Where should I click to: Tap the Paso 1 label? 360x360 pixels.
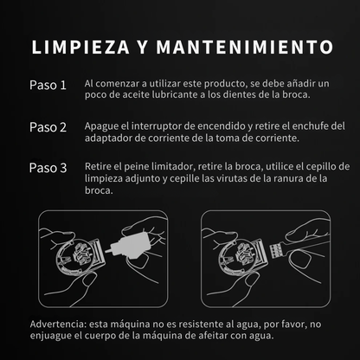[x=48, y=86]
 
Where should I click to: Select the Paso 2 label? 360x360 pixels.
[x=48, y=127]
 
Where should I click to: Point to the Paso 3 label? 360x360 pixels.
[x=48, y=168]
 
